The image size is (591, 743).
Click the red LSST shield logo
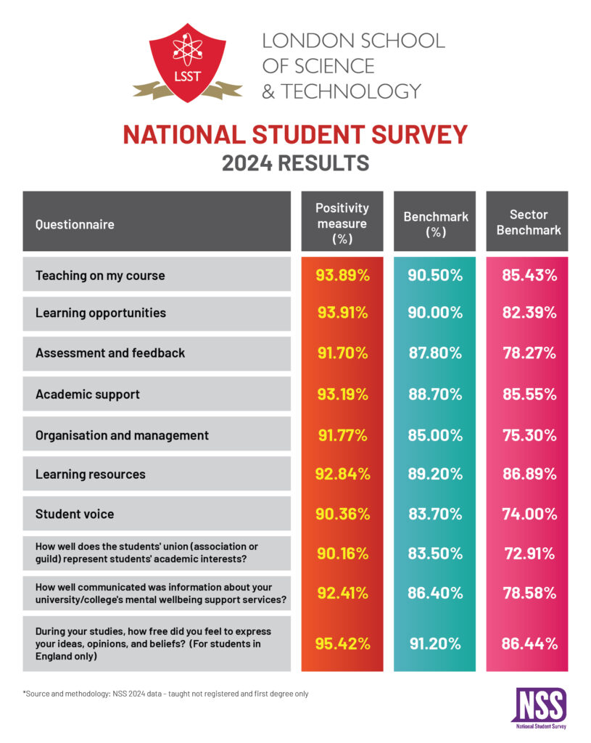pos(188,62)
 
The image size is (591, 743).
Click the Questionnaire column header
pos(75,224)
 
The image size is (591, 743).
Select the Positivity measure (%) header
pos(342,223)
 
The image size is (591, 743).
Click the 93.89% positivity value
pos(342,275)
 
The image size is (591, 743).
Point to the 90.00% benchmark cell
pos(434,313)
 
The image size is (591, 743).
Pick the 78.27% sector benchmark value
pos(529,353)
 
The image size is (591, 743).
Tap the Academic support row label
pos(88,394)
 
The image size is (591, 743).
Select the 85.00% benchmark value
pos(434,435)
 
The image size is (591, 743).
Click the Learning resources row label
pos(91,474)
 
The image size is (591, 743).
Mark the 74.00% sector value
pos(529,514)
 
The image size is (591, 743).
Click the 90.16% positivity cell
pos(342,554)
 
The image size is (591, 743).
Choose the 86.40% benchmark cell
pos(434,593)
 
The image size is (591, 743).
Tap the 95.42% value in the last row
pos(342,644)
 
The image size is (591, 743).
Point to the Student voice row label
pos(75,514)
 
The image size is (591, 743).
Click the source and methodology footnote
pos(165,694)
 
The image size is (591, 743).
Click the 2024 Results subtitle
pos(295,163)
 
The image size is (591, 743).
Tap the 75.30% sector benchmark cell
pos(529,435)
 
